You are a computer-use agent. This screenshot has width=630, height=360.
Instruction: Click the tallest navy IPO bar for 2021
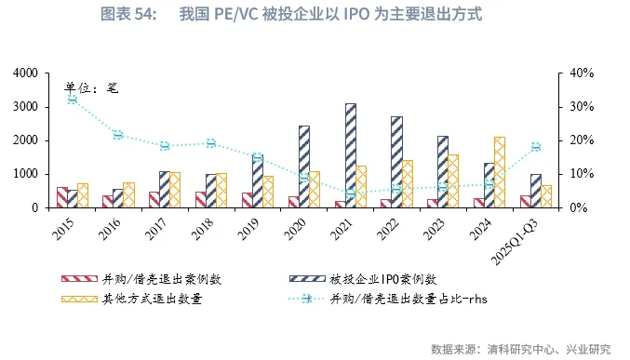pos(351,155)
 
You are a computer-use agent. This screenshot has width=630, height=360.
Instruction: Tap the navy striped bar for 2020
pos(304,167)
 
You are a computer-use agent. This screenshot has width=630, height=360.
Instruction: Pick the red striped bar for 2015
pos(61,197)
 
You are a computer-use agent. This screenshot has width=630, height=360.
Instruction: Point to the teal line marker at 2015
pos(72,99)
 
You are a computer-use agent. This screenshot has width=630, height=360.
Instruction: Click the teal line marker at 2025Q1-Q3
pos(536,147)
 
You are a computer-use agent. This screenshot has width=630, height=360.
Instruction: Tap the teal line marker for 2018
pos(211,142)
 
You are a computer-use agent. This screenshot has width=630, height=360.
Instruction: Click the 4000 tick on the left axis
pos(25,73)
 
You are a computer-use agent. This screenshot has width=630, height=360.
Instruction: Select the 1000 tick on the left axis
pos(25,174)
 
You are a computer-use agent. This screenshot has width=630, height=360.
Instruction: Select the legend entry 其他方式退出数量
pos(154,299)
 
